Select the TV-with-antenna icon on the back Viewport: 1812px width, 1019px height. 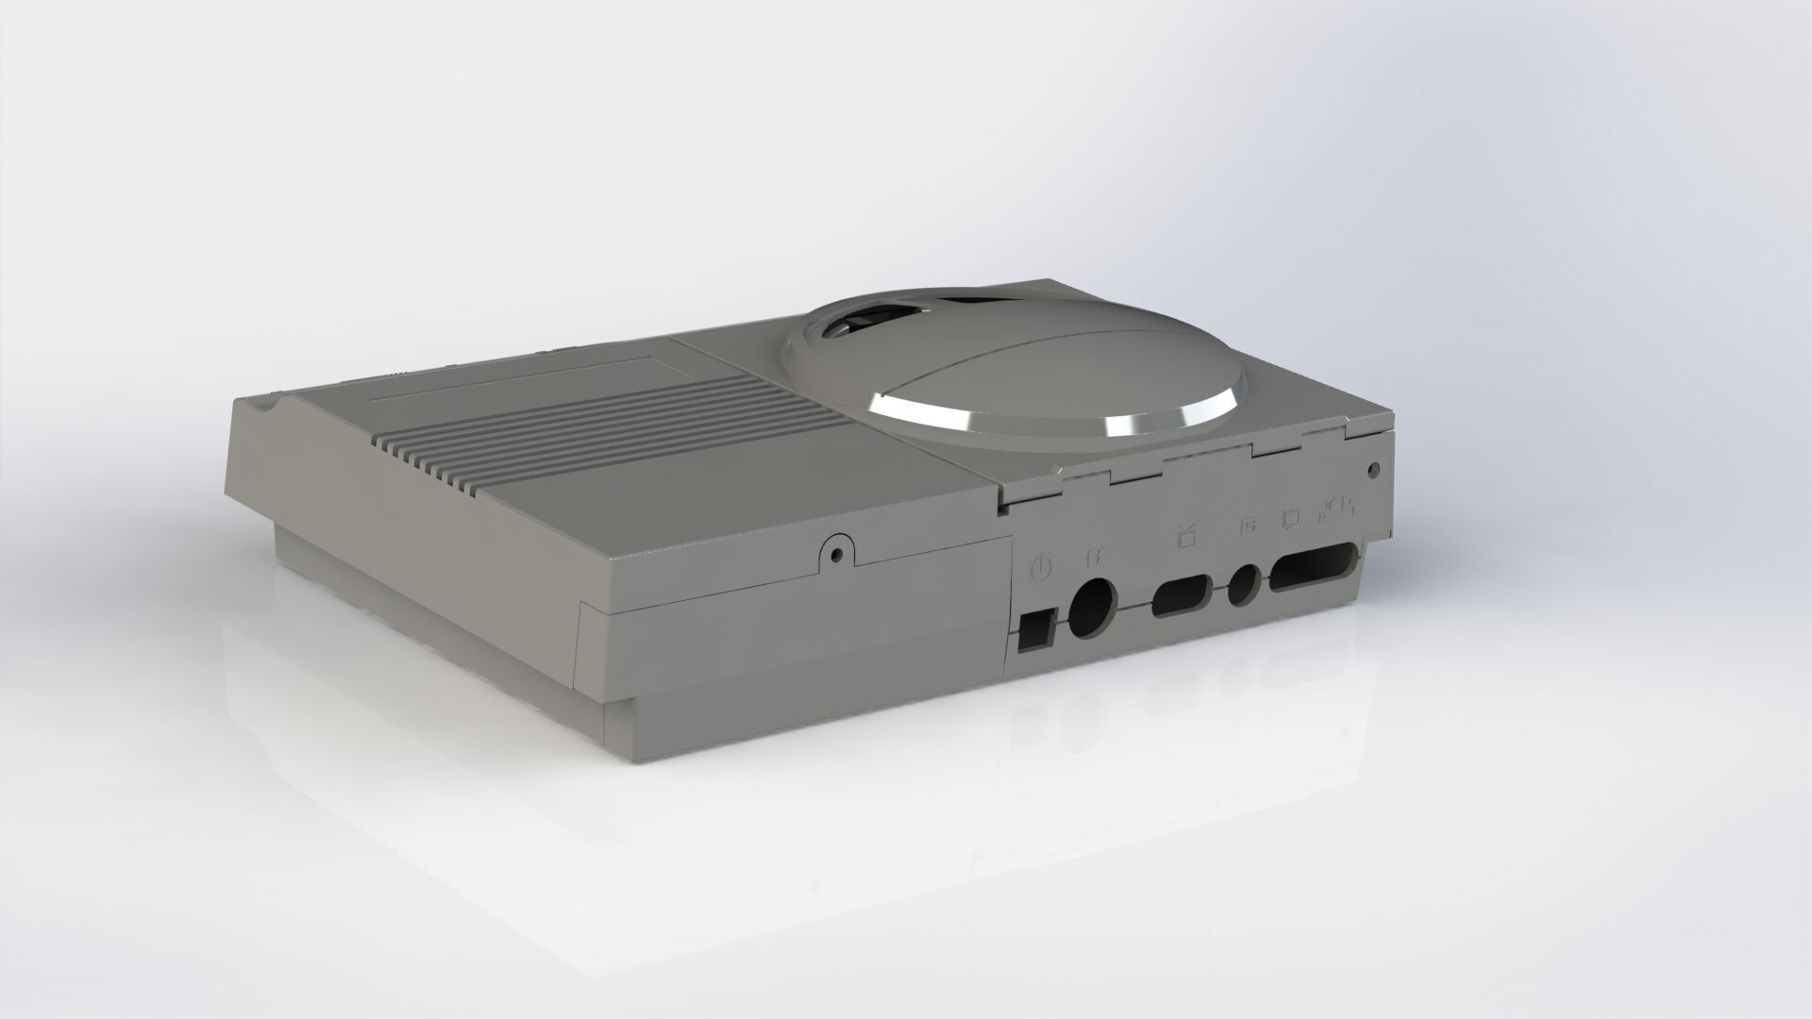click(x=1187, y=538)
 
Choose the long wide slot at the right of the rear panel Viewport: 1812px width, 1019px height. click(x=1316, y=569)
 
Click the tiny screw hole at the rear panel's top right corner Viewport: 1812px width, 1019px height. click(x=1374, y=468)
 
